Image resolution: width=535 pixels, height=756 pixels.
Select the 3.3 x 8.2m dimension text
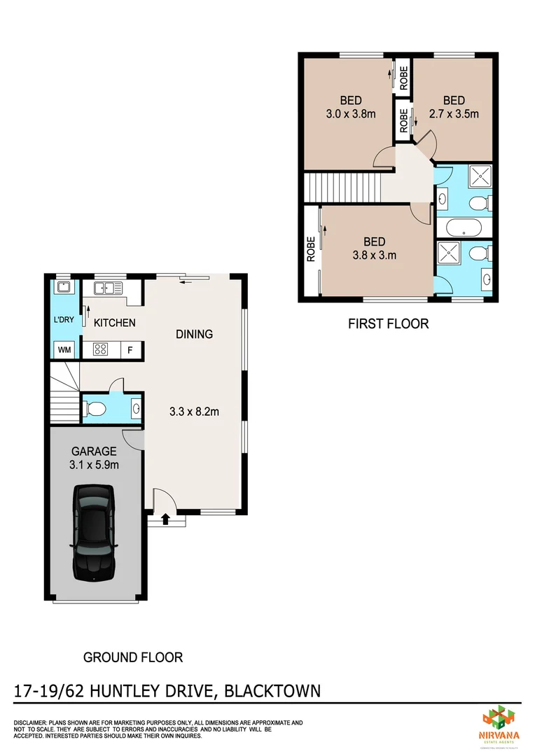click(194, 412)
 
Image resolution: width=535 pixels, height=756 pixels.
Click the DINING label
click(194, 335)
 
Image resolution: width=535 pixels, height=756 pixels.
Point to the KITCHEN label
click(114, 323)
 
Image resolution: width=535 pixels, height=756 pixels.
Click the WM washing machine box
click(64, 349)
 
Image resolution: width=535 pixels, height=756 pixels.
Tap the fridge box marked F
click(130, 349)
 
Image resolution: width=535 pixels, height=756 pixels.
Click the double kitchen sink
click(108, 287)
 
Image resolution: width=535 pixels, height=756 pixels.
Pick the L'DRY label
click(64, 321)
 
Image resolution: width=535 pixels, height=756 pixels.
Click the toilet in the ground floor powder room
click(96, 407)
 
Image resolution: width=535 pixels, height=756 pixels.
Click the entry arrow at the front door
click(166, 519)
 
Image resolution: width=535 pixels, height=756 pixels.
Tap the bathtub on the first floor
click(459, 227)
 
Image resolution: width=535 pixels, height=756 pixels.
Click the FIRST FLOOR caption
click(388, 323)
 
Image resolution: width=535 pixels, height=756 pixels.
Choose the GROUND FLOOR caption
click(132, 657)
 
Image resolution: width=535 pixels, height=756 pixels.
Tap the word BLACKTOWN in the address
click(274, 692)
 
